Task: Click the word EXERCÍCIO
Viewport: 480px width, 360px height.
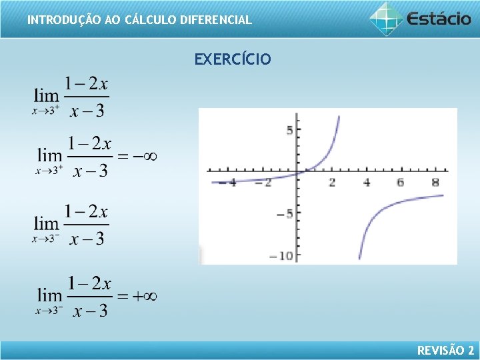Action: tap(233, 59)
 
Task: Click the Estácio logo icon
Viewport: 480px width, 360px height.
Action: tap(386, 18)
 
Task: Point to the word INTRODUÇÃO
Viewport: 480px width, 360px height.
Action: tap(65, 20)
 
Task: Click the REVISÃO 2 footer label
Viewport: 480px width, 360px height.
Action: tap(445, 350)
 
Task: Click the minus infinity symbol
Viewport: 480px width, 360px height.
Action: tap(145, 156)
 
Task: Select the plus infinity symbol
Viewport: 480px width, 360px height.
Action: tap(145, 296)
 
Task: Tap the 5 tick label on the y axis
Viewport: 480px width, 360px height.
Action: tap(289, 131)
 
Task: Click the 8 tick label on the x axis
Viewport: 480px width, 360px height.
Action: tap(435, 183)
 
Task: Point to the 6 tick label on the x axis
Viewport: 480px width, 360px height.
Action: tap(401, 183)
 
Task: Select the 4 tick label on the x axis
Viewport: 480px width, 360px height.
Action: tap(367, 183)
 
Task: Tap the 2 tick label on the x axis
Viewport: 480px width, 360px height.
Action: tap(332, 183)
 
